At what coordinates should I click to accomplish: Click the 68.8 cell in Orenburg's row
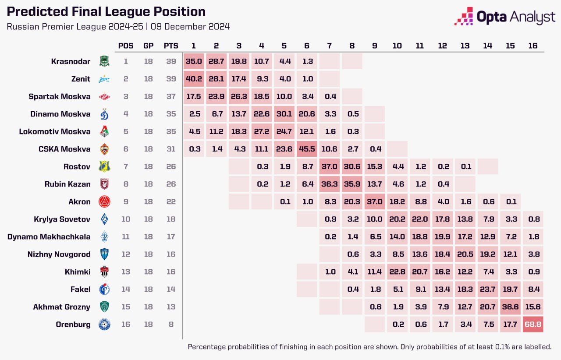(x=533, y=325)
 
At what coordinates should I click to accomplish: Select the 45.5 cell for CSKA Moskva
(x=308, y=149)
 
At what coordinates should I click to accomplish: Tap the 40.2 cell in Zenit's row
(x=193, y=79)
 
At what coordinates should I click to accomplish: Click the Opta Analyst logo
(x=504, y=17)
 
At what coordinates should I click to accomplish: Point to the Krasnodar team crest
(x=104, y=61)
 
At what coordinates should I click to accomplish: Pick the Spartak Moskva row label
(x=59, y=96)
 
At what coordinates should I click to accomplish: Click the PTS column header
(x=171, y=46)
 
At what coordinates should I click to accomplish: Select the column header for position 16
(x=533, y=46)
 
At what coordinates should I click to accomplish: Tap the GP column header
(x=148, y=46)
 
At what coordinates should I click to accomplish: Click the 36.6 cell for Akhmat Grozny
(x=510, y=307)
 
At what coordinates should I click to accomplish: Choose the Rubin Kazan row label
(x=67, y=184)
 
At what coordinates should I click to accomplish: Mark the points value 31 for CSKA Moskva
(x=171, y=149)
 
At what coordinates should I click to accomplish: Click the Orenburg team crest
(x=104, y=325)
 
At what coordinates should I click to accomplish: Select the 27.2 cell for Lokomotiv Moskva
(x=262, y=131)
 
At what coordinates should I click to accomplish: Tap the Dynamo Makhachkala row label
(x=49, y=236)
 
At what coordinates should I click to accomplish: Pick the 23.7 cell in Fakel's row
(x=487, y=289)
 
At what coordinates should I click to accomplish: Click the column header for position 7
(x=330, y=46)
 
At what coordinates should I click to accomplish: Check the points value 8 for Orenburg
(x=171, y=325)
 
